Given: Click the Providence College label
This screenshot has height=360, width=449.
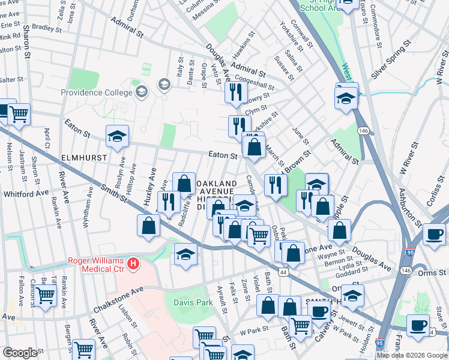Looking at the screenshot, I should point(96,92).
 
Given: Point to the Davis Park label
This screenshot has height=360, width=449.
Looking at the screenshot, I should point(193,303).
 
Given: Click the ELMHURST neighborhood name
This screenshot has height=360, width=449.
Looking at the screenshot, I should point(83,157).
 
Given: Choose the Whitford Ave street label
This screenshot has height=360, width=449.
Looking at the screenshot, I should point(26,194).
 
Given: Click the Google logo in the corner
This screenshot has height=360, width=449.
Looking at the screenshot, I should point(20,353).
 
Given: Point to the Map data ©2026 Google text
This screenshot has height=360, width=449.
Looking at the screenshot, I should point(412,355).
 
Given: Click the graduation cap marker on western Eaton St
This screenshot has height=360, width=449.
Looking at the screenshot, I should point(117,136).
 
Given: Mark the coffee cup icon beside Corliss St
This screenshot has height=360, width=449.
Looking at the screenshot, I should point(433,235).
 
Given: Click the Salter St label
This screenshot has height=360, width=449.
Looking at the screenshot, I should point(11,79).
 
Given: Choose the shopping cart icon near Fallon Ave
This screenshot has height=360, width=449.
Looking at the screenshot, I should point(45,295).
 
